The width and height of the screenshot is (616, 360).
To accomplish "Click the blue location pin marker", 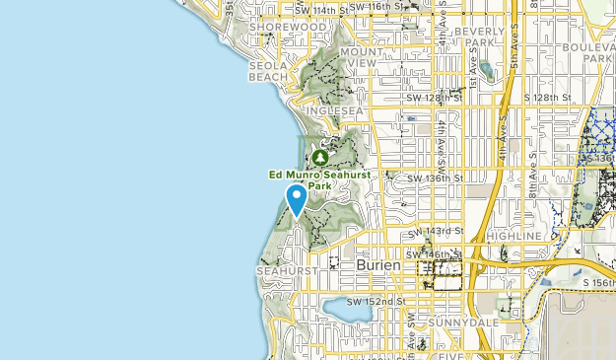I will pos(296,200).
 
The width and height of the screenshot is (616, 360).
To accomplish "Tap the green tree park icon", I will pos(319,157).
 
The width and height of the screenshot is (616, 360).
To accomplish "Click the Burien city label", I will pos(379,267).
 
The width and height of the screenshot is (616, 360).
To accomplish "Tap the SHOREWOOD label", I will pos(278,27).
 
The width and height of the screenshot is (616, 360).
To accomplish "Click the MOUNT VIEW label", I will pos(361,56).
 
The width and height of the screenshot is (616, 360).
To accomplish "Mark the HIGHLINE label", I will pos(513,237).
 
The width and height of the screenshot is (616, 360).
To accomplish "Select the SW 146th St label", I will pos(435,253).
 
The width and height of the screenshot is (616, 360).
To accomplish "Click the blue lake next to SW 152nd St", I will pos(347,312).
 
